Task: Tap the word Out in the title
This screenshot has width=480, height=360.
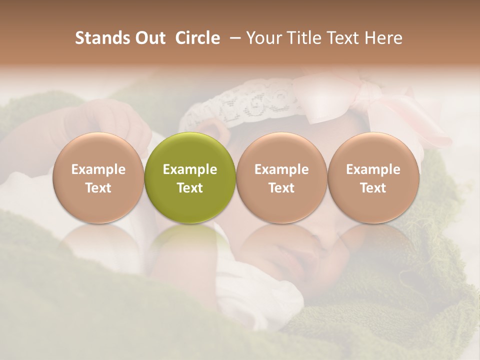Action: (x=149, y=38)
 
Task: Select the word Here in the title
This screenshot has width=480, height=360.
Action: (x=385, y=38)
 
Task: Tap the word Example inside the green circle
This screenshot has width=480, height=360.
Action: (x=190, y=169)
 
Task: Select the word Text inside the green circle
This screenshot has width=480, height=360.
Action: (x=190, y=188)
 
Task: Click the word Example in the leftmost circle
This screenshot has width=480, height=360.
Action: (x=98, y=169)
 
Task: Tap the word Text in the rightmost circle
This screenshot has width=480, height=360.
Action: (x=373, y=188)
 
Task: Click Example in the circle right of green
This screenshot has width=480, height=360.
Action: (x=281, y=169)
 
